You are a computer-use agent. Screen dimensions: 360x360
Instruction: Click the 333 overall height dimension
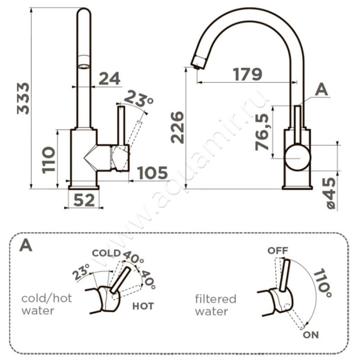23,98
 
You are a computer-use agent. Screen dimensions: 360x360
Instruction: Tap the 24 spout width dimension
110,78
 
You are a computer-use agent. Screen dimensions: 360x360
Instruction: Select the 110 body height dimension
49,159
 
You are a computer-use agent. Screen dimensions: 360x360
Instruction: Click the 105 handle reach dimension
152,173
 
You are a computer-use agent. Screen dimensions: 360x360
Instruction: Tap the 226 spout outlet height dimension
178,127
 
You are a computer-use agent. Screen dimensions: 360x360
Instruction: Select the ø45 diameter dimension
331,192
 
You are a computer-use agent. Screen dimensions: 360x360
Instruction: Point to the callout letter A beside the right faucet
321,90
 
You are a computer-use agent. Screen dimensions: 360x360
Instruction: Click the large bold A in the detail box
27,246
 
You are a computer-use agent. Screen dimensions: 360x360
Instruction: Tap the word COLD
106,253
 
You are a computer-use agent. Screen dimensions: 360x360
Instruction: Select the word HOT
143,306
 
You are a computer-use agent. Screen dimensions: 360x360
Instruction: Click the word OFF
277,250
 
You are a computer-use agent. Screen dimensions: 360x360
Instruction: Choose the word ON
310,335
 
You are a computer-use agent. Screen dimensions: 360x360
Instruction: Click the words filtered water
215,305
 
